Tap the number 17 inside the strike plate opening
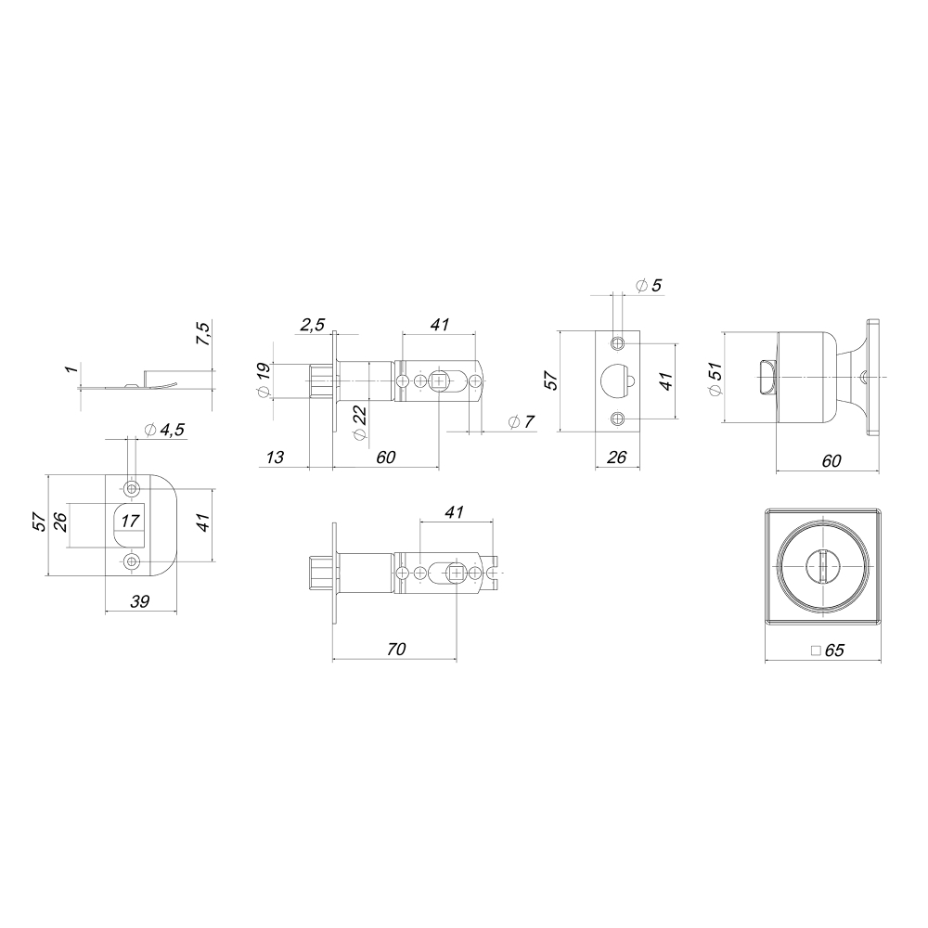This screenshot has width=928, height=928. (x=132, y=521)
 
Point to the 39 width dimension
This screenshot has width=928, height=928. (x=141, y=601)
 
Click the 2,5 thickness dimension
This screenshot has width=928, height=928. (x=312, y=324)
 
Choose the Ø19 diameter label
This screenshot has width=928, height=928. (x=264, y=380)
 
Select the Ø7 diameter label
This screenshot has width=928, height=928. (x=522, y=423)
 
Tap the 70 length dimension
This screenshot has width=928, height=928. (x=394, y=650)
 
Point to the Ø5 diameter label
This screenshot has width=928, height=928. (x=650, y=285)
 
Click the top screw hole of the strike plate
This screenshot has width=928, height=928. (x=132, y=488)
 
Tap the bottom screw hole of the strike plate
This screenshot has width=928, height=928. (x=132, y=561)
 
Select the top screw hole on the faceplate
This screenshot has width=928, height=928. (x=616, y=343)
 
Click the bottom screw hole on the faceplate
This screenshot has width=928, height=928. (x=616, y=419)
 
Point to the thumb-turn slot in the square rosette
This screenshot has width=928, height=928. (x=819, y=564)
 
